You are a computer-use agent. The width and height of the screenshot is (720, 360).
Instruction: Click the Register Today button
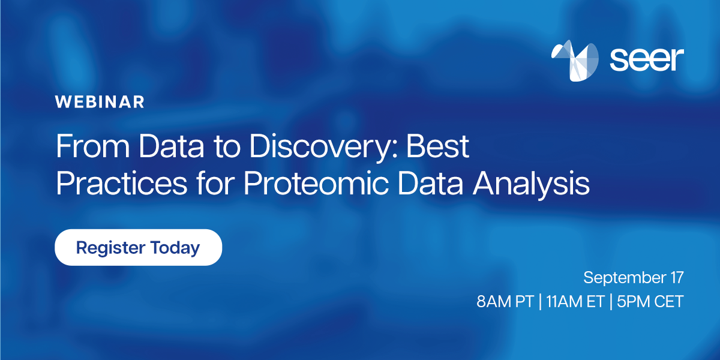(138, 247)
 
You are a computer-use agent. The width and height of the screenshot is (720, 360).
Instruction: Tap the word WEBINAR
(100, 102)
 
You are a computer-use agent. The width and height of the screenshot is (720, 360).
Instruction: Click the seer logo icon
(575, 61)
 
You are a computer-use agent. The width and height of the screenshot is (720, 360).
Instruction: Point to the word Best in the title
(438, 148)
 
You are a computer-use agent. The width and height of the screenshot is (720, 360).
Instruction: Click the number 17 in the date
(676, 278)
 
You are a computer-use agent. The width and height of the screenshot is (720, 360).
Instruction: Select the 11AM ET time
(572, 302)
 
